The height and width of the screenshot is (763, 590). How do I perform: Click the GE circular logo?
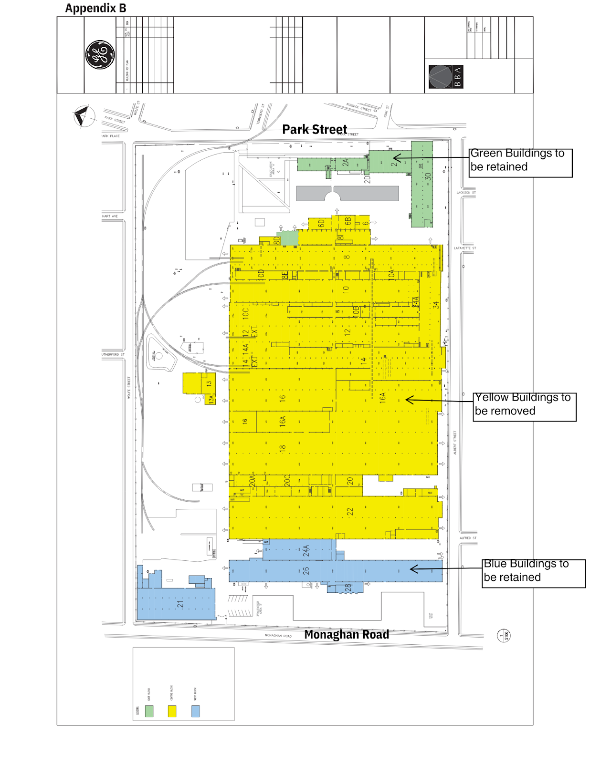100,55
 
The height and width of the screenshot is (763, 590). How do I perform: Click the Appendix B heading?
95,8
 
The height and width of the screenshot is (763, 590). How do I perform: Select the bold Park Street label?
315,129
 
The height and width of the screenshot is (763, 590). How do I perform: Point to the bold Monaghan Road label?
347,635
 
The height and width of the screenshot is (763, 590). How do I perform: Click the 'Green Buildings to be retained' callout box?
520,163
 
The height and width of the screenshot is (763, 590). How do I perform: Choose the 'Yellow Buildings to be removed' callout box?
525,407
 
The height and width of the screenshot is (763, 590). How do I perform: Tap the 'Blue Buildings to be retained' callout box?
533,573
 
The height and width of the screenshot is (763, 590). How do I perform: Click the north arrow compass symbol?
83,116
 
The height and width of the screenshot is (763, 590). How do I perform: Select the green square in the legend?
149,711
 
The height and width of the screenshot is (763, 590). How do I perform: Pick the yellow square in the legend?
172,711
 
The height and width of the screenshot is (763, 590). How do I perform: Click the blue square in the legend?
195,711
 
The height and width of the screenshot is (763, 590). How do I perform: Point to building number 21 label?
180,603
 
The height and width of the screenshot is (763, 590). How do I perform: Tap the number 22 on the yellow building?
350,512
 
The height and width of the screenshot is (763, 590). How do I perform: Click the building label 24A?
306,551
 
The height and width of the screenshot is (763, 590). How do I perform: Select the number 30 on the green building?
428,175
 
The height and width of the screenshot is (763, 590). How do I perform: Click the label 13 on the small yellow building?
209,383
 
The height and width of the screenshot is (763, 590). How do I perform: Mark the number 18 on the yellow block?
283,448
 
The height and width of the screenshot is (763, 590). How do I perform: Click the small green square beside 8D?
288,238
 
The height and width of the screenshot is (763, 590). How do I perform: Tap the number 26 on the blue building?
306,570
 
